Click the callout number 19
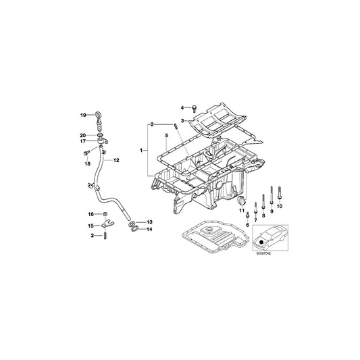click(84, 115)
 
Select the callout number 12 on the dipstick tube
click(117, 160)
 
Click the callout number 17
click(84, 141)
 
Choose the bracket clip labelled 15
click(107, 225)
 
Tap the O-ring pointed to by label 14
click(135, 229)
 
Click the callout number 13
click(149, 222)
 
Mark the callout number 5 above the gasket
click(164, 136)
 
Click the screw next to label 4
click(195, 107)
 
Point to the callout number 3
click(182, 120)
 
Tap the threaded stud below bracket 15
click(107, 236)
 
